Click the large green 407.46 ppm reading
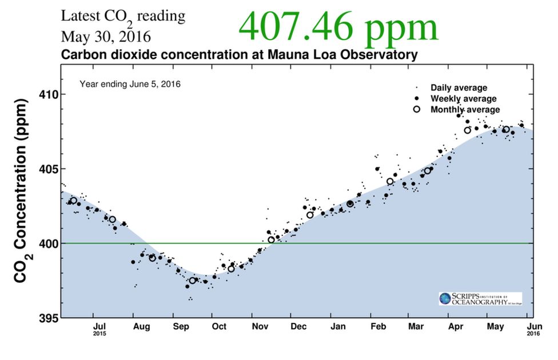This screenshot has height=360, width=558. pyautogui.click(x=338, y=27)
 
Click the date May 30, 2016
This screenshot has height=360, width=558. pyautogui.click(x=106, y=37)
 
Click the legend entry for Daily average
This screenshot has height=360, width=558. pyautogui.click(x=459, y=88)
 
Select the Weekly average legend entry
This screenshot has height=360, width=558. pyautogui.click(x=463, y=99)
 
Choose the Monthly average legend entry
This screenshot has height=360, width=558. pyautogui.click(x=465, y=110)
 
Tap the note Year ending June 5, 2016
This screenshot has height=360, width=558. pyautogui.click(x=130, y=84)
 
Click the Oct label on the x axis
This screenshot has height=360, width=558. pyautogui.click(x=219, y=326)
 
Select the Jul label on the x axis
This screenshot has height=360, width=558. pyautogui.click(x=99, y=326)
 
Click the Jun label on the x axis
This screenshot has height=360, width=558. pyautogui.click(x=533, y=326)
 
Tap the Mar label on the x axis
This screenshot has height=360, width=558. pyautogui.click(x=416, y=326)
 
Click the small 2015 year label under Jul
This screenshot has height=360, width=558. pyautogui.click(x=99, y=334)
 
